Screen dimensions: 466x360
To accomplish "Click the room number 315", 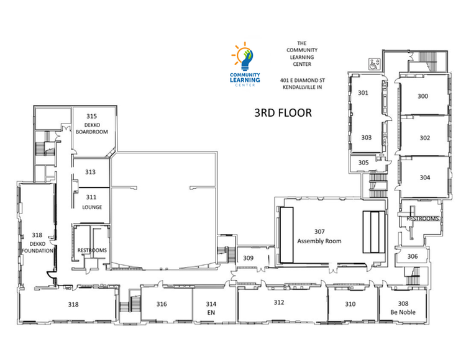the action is (91, 116).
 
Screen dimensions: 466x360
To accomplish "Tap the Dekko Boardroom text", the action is (92, 128).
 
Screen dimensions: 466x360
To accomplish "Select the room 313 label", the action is (90, 172).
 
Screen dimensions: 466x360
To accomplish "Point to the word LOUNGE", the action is (92, 207).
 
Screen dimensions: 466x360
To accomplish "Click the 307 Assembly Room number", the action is (319, 232).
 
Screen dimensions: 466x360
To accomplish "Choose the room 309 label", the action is (248, 258).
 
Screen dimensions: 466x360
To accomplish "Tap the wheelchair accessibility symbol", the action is (374, 64).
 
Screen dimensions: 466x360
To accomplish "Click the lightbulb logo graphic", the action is (244, 56).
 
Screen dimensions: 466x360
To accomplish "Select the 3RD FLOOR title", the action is (283, 113).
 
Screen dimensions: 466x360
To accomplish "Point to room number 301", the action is (363, 93).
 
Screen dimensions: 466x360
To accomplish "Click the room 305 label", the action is (363, 163).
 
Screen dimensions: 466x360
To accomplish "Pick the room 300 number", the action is (423, 96).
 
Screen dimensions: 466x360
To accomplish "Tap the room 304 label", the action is (425, 178).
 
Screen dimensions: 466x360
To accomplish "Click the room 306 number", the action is (413, 256).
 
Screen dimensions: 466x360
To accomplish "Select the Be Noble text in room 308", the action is (403, 312).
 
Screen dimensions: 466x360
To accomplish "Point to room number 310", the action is (350, 304).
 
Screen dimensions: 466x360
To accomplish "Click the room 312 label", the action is (279, 302).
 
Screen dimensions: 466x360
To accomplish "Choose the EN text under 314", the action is (211, 312).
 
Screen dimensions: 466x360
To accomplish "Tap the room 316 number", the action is (162, 304).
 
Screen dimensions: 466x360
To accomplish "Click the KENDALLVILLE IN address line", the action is (302, 88).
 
